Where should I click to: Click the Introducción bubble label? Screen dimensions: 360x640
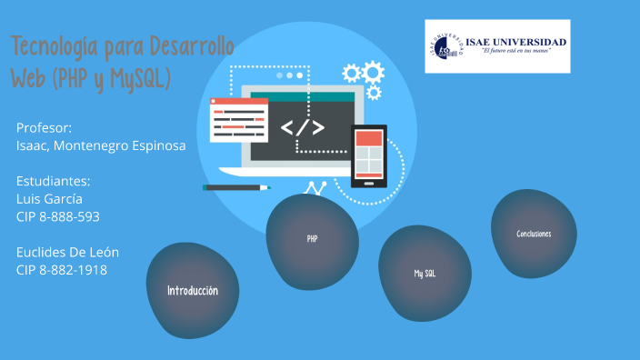coord(192,291)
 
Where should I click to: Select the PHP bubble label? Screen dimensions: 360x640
coord(312,239)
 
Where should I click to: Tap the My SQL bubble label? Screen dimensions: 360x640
coord(425,273)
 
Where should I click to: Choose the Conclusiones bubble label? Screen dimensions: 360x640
coord(534,234)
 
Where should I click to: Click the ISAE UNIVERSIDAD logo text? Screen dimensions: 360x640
coord(516,42)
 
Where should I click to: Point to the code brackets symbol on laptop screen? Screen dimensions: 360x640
coord(300,127)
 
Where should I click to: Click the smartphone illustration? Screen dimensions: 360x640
coord(368,155)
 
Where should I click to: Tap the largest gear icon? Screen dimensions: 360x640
coord(372,72)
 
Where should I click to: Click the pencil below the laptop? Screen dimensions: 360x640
coord(236,187)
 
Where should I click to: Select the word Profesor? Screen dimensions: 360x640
coord(44,127)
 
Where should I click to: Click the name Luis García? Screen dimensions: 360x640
coord(49,198)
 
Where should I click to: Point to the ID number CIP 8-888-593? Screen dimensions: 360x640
coord(58,216)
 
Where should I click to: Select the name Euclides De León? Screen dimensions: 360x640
coord(68,252)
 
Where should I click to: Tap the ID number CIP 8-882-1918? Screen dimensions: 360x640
coord(62,269)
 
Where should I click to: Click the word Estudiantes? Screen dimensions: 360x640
coord(54,181)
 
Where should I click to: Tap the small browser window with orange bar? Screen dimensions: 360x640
coord(238,121)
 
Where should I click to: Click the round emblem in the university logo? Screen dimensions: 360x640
coord(445,45)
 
